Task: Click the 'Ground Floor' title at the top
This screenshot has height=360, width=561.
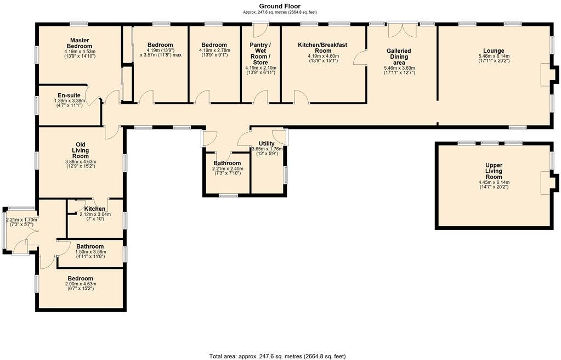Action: (x=280, y=6)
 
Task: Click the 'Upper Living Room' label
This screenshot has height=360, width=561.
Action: (x=494, y=171)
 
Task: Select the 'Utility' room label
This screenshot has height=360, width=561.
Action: (x=267, y=143)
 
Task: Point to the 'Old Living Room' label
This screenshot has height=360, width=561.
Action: (x=80, y=150)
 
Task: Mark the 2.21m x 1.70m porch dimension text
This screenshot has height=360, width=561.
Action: (x=21, y=220)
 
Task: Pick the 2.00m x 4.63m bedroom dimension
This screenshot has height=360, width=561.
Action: (x=80, y=284)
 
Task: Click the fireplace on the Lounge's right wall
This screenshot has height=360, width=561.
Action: (x=548, y=75)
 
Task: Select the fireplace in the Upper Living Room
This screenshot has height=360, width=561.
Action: (x=548, y=183)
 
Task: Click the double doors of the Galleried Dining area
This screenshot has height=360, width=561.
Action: (x=401, y=29)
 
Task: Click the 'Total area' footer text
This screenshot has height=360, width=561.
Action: (x=277, y=356)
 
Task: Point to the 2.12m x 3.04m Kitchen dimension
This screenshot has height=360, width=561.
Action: (x=95, y=215)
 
